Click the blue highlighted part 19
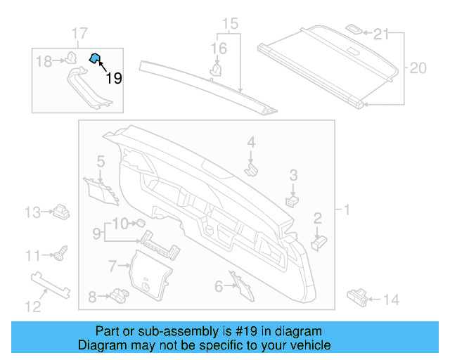(x=94, y=58)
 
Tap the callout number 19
(x=113, y=78)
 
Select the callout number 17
(x=79, y=33)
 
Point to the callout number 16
(x=219, y=49)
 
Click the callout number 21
(x=380, y=33)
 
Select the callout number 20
(x=418, y=68)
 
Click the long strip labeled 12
(x=53, y=286)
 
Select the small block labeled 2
(x=319, y=240)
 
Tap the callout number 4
(x=250, y=143)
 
